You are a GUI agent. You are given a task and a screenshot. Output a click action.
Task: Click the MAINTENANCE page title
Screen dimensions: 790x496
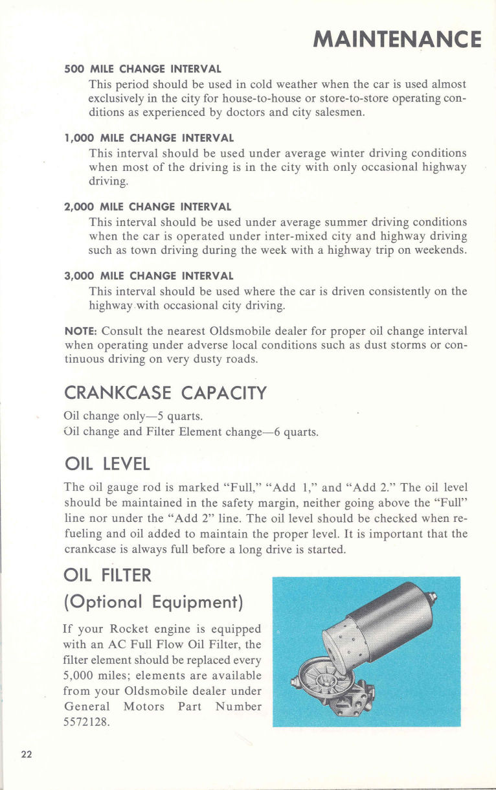pos(397,39)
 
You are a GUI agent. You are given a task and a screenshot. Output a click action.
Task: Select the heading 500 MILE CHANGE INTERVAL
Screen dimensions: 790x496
pos(143,69)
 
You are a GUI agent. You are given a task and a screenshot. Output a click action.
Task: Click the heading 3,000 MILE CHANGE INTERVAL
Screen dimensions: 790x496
pos(149,276)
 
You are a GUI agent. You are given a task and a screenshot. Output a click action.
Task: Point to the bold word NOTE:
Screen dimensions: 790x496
pos(81,331)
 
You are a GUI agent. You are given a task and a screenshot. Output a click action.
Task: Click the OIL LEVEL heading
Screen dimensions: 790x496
pos(107,464)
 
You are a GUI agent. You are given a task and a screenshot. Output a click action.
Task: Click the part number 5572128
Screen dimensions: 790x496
pos(86,721)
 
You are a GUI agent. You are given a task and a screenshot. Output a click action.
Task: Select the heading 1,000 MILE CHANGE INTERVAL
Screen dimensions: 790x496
pos(149,138)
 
